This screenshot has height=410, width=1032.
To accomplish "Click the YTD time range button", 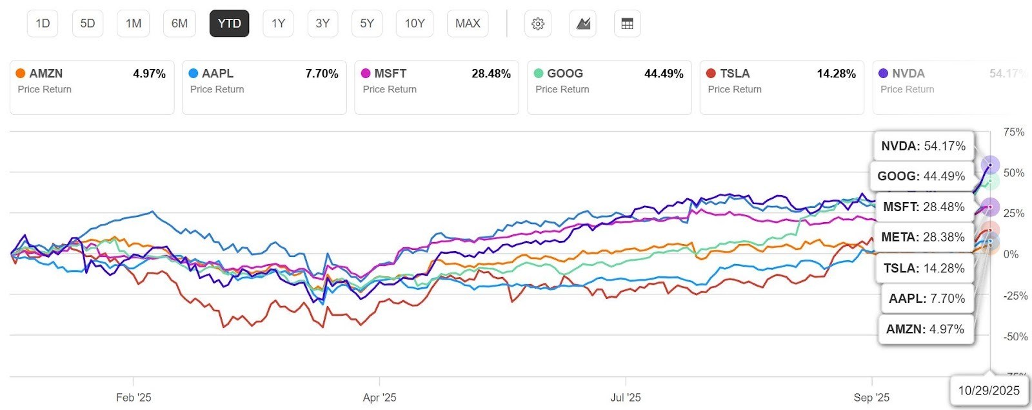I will coord(229,24).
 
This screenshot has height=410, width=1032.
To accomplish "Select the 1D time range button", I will coord(43,24).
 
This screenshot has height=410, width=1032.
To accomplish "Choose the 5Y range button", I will coord(367,24).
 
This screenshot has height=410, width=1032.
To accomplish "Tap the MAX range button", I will coord(468,24).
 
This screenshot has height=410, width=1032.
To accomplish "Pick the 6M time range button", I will coord(179,24).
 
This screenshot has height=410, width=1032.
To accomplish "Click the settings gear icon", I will coord(538,24).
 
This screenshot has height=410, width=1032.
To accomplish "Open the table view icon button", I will coord(627,24).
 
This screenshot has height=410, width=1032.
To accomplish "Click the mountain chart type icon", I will coord(583,24).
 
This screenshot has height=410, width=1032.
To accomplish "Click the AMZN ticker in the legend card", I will coord(46,74).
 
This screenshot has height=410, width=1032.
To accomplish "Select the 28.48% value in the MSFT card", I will coord(491,74).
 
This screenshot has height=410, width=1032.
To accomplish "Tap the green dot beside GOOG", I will coord(539,74).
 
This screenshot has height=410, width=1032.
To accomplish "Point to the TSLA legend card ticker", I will coord(735,74).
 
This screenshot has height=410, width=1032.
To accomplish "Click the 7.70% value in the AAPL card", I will coord(321,74).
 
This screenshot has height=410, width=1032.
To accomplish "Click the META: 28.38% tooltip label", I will coord(923,237).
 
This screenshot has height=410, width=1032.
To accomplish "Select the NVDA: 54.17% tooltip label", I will coord(923,146).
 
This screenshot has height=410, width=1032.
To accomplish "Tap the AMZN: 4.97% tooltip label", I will coord(925,329).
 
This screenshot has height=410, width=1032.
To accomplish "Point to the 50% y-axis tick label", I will coord(1014,173).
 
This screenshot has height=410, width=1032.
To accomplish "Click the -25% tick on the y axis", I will coord(1015,296).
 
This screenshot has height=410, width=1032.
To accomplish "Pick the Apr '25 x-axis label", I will coord(379,398).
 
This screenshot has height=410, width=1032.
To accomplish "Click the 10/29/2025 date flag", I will coord(989,390).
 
